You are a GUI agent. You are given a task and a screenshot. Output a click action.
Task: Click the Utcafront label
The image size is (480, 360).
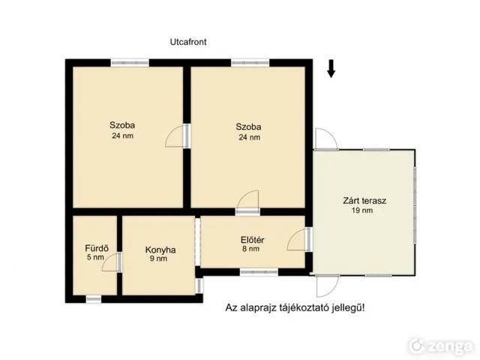(188, 42)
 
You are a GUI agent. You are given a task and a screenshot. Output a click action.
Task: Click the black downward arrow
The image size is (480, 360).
(331, 68)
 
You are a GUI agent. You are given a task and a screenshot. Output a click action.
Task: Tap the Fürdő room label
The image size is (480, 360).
(97, 248)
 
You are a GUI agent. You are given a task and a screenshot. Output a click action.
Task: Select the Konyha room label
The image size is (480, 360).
(160, 250)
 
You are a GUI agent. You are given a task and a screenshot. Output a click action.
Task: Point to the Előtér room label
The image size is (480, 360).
(253, 240)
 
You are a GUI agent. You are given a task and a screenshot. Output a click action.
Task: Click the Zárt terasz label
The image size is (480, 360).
(364, 201)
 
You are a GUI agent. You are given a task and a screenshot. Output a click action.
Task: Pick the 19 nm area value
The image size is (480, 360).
(362, 210)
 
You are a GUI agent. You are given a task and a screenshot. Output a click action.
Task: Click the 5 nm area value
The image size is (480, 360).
(95, 257)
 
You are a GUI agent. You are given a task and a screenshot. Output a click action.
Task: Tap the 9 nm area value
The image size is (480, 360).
(158, 259)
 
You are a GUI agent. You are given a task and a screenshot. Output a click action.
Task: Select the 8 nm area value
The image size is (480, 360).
(250, 249)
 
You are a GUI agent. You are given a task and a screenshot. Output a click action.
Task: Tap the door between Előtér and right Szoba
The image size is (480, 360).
(248, 202)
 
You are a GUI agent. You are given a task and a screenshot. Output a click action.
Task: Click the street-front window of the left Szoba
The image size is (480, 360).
(130, 63)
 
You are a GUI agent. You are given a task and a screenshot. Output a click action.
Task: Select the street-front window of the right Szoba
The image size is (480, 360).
(250, 63)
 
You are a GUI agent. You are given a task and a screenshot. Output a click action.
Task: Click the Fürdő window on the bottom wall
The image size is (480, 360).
(93, 299)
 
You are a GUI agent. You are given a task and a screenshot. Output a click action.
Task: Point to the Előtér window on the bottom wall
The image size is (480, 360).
(259, 272)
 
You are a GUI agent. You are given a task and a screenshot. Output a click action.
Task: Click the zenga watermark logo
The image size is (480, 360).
(441, 346)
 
